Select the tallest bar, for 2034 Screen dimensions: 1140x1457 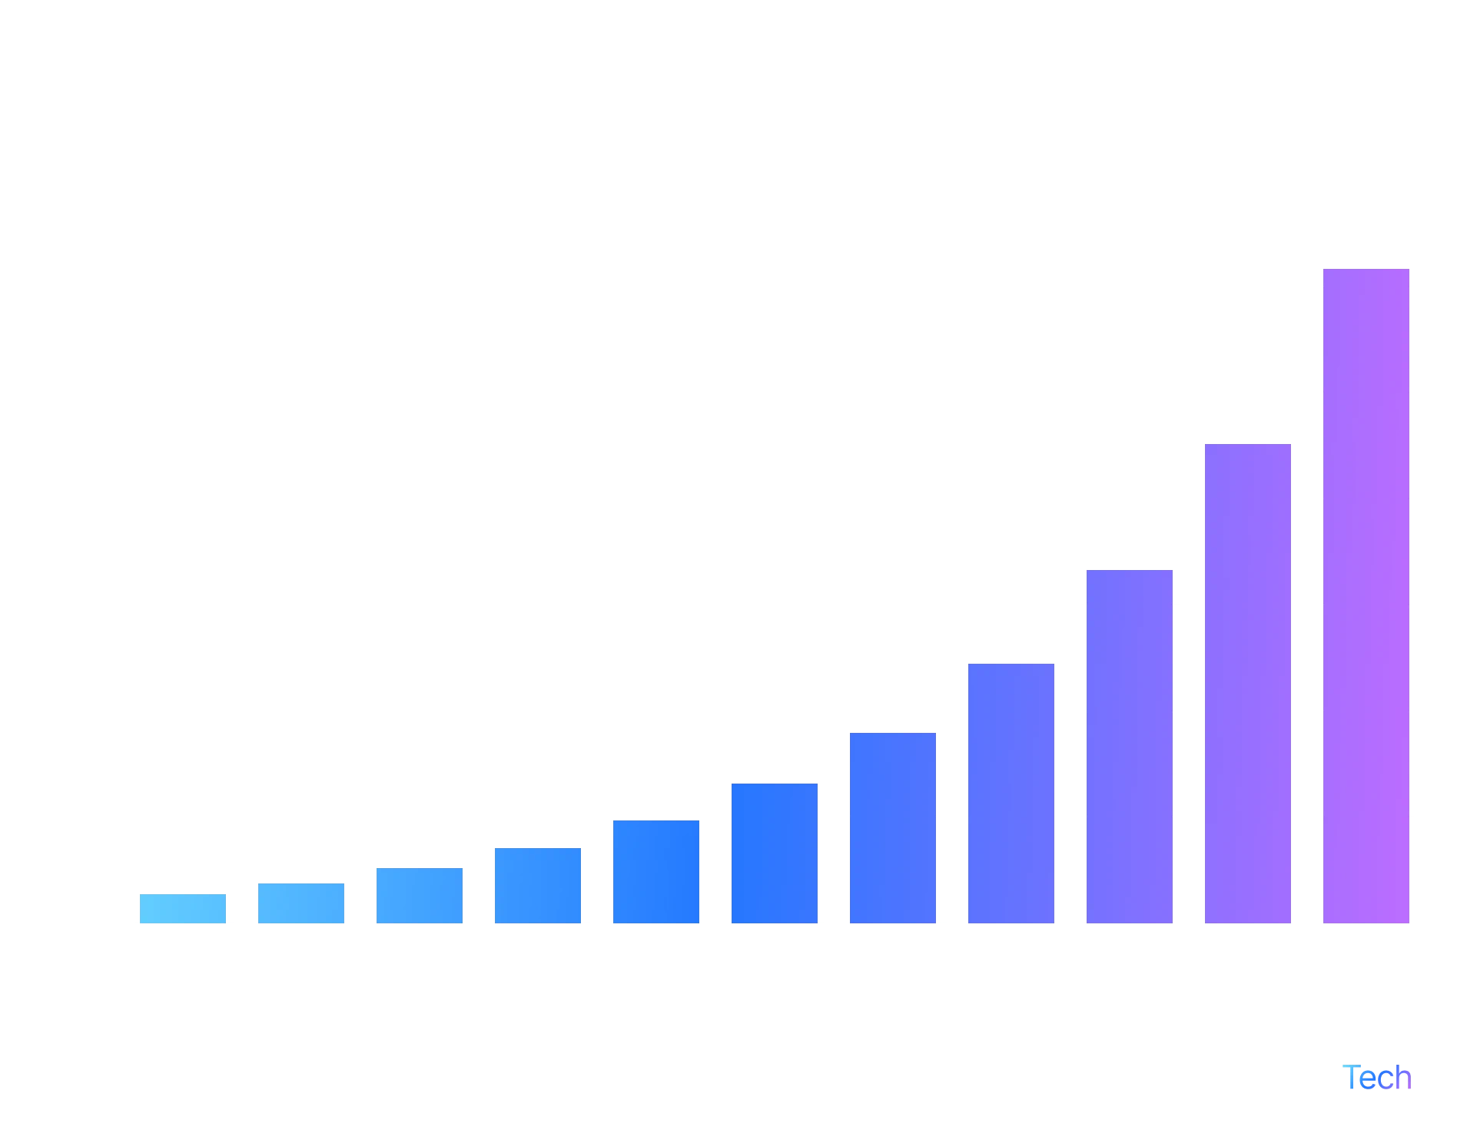pos(1367,595)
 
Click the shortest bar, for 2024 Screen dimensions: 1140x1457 pos(181,907)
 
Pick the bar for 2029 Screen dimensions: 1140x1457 pos(774,852)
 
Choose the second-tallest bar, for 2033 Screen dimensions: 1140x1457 pos(1247,683)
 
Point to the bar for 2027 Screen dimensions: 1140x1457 pos(537,885)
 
